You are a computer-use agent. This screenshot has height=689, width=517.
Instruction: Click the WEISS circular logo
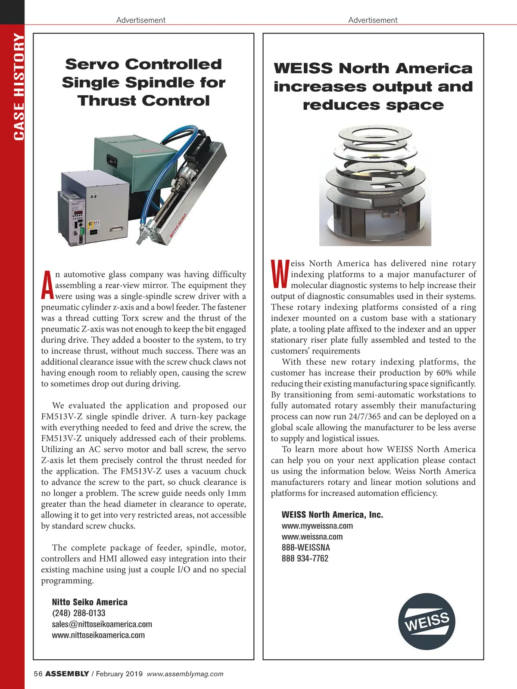(x=427, y=621)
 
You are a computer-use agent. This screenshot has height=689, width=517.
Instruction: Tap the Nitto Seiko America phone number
(x=78, y=613)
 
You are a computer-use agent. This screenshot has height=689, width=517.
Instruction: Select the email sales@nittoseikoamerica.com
(x=102, y=624)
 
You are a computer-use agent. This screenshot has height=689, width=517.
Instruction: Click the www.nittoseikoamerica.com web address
(x=98, y=635)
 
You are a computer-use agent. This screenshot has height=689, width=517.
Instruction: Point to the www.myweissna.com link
(x=317, y=526)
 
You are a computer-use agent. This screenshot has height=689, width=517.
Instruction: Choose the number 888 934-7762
(x=305, y=559)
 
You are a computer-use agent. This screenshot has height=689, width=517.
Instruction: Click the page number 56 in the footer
(x=38, y=674)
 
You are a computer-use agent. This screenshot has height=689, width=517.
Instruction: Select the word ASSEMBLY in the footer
(x=67, y=674)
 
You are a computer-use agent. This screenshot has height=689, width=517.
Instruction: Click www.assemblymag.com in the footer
(x=185, y=674)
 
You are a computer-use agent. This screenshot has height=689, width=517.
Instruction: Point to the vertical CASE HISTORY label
(x=19, y=86)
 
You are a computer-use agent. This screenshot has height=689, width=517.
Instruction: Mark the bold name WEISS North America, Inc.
(x=332, y=515)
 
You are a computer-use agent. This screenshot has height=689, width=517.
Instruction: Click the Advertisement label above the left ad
(x=140, y=20)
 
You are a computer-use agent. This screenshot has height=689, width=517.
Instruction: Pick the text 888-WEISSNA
(x=305, y=548)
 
